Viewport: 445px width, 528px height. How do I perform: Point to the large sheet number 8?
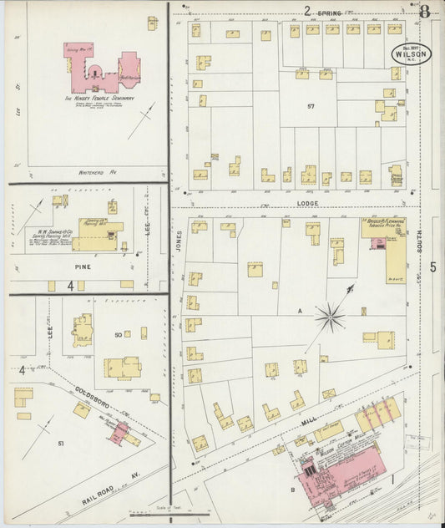tap(425, 12)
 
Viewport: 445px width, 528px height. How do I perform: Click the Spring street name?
tap(330, 12)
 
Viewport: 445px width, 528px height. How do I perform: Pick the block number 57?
tap(311, 107)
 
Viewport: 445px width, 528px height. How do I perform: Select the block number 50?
tap(119, 334)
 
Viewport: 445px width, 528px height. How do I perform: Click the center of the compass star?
tap(330, 317)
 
